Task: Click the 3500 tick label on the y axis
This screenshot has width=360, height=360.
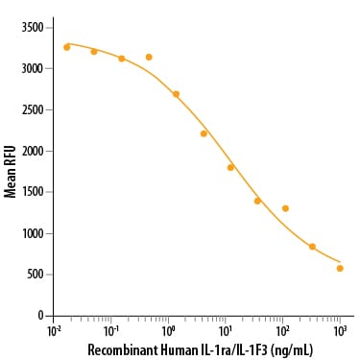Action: (x=33, y=28)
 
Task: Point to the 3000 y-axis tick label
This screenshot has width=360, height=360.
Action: (x=33, y=68)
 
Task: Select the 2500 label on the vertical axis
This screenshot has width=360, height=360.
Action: (x=33, y=109)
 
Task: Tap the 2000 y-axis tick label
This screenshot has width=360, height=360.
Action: (x=33, y=151)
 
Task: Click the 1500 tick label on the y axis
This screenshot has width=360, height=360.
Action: (x=33, y=192)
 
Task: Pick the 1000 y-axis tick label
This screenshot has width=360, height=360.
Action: (x=33, y=233)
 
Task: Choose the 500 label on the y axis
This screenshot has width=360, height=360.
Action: (x=35, y=275)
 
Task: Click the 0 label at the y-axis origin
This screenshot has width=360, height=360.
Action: (x=40, y=316)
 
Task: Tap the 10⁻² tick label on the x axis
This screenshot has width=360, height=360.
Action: (x=54, y=332)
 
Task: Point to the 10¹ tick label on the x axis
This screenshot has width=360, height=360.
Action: (x=226, y=332)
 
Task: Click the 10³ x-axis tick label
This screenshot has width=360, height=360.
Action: (x=340, y=332)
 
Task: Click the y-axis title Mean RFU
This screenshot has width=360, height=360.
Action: (x=11, y=172)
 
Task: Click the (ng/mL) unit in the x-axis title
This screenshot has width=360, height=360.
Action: (x=291, y=350)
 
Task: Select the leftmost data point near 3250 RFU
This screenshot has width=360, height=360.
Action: (x=67, y=47)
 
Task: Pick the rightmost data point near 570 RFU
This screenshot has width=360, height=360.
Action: (x=340, y=268)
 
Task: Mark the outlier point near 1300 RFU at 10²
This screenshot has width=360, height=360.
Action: (x=285, y=208)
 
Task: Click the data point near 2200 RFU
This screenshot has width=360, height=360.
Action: (x=204, y=133)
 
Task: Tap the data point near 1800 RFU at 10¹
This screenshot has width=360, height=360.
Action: (x=230, y=167)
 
